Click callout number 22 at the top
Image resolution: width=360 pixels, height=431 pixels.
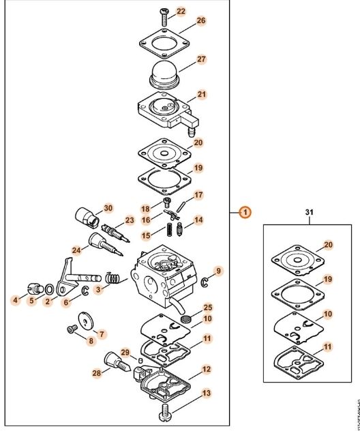(181, 12)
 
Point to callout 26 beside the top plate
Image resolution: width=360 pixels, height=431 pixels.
(200, 21)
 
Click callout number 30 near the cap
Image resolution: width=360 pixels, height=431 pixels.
(108, 207)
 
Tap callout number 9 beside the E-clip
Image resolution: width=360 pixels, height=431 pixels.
(218, 271)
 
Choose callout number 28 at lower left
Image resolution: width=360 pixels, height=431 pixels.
(97, 373)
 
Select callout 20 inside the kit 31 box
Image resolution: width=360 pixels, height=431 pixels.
(329, 244)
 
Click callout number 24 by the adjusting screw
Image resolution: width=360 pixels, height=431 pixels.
(76, 250)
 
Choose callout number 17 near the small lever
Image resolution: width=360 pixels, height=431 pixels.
(198, 195)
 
